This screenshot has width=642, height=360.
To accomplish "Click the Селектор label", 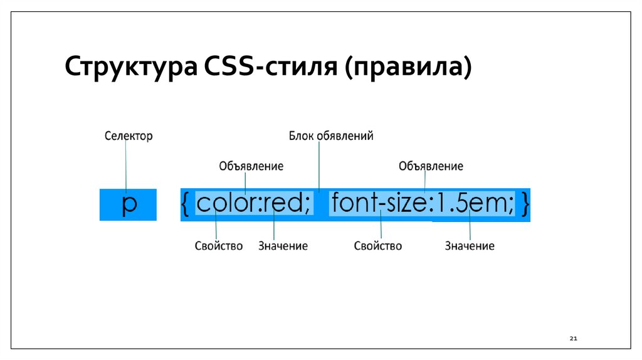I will pyautogui.click(x=128, y=135).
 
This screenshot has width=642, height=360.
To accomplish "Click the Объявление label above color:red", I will pyautogui.click(x=251, y=166).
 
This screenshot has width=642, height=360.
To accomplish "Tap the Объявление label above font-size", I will pyautogui.click(x=431, y=166).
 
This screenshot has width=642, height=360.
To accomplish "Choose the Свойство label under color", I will pyautogui.click(x=218, y=246).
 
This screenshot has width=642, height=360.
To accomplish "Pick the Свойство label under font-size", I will pyautogui.click(x=377, y=246).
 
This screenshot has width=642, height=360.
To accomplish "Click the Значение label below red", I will pyautogui.click(x=283, y=246).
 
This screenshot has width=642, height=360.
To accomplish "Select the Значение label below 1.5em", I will pyautogui.click(x=470, y=246).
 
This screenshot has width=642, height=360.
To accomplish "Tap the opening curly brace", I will pyautogui.click(x=187, y=204).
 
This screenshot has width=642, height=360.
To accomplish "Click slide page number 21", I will pyautogui.click(x=573, y=339).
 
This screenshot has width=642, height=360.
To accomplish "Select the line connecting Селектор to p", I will pyautogui.click(x=126, y=163).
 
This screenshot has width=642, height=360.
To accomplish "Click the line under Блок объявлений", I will pyautogui.click(x=319, y=164).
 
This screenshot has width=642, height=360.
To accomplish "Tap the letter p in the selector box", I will pyautogui.click(x=129, y=205).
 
